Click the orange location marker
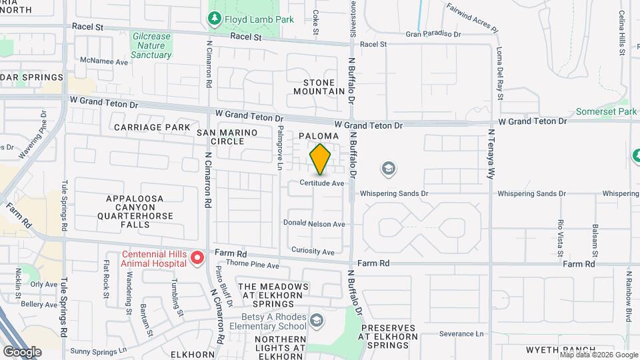pos(321,159)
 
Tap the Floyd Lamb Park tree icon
pos(215,20)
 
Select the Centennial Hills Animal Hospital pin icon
pos(197,257)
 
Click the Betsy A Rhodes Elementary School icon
pos(316,321)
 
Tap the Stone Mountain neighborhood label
pos(319,86)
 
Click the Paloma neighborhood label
pos(323,136)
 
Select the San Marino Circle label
pos(227,137)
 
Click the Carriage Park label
pos(152,127)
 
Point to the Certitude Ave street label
pos(321,183)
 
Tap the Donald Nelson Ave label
pos(314,224)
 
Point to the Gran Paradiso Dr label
pos(433,33)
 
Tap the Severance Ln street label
pos(460,333)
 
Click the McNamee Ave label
pos(103,61)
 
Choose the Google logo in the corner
pos(21,351)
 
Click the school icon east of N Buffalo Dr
pos(387,169)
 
